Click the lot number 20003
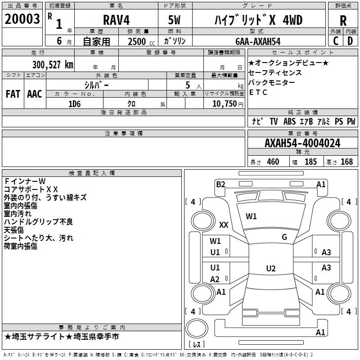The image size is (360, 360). tap(22, 19)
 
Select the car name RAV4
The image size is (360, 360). tap(116, 20)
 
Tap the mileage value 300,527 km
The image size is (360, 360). tap(53, 65)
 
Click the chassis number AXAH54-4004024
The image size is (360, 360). tap(302, 143)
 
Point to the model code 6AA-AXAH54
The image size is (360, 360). tap(258, 41)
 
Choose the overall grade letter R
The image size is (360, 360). tap(343, 21)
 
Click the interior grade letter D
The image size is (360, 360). tap(350, 41)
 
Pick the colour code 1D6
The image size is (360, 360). tap(74, 104)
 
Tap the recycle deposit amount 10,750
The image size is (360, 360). tap(224, 104)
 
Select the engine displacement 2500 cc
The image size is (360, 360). tap(141, 42)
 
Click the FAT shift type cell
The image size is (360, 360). tap(13, 94)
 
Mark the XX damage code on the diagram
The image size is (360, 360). tap(224, 225)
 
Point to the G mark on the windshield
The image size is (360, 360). tap(284, 237)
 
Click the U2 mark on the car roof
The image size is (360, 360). tap(271, 268)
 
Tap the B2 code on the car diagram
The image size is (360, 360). tap(220, 184)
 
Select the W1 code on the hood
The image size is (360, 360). tap(251, 216)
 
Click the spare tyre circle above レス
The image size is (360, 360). tap(197, 328)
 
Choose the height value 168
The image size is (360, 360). tap(346, 162)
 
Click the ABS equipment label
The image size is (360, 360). tap(289, 121)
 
